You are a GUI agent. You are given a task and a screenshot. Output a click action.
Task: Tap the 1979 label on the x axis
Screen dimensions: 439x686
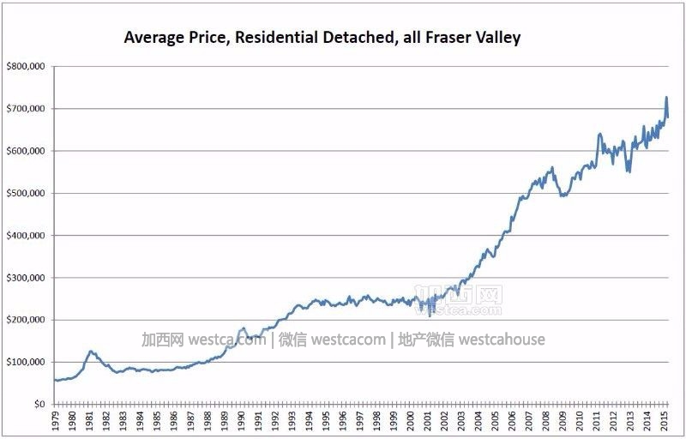(55, 421)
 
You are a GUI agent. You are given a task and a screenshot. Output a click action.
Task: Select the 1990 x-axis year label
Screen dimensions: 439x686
(240, 421)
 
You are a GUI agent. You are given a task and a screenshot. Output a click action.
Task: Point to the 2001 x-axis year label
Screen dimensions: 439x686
(427, 421)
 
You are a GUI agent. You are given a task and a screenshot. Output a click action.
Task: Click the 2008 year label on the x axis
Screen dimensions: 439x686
(546, 421)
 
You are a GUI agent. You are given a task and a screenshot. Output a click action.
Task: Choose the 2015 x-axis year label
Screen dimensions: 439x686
(665, 421)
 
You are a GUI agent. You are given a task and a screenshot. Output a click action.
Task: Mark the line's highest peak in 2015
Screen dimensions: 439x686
(666, 98)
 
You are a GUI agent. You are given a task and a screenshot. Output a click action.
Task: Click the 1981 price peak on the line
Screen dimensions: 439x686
(91, 351)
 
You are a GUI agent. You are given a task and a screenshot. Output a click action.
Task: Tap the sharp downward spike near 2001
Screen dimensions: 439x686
(430, 316)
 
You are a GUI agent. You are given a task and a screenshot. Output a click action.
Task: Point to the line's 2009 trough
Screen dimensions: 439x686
(563, 196)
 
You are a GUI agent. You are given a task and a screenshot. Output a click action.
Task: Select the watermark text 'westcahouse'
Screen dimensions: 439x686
(502, 340)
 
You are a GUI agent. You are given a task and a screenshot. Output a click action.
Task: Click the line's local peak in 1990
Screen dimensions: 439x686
(243, 328)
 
